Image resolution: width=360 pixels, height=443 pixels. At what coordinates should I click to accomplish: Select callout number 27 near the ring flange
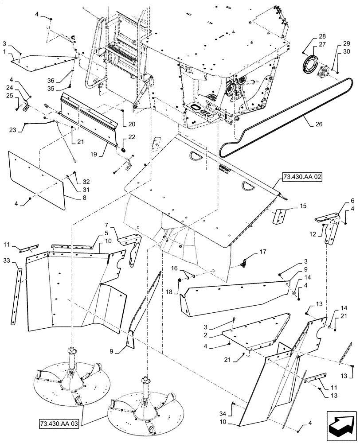tap(321, 44)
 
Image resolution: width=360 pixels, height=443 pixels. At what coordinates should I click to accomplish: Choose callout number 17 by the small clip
tap(263, 253)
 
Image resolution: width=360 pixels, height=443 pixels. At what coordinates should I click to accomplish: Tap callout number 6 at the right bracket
tap(340, 200)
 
